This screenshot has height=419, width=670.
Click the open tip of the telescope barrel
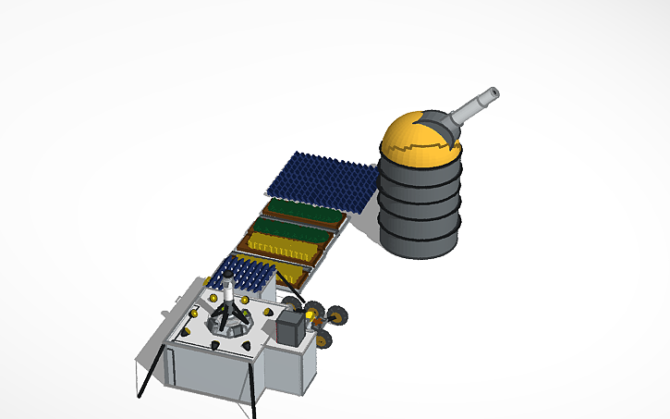[493, 92]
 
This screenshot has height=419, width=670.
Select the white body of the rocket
[228, 294]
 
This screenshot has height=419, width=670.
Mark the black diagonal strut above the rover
[292, 295]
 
